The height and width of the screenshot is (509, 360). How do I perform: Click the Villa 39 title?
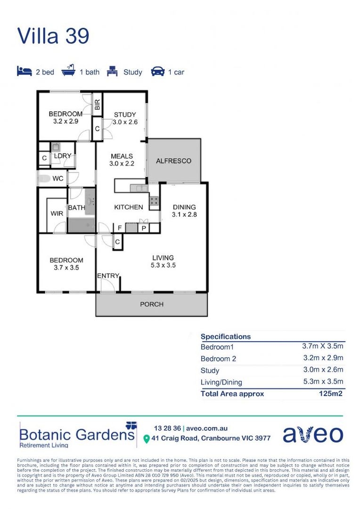(x=53, y=36)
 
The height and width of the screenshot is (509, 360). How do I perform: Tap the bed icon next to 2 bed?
(x=24, y=72)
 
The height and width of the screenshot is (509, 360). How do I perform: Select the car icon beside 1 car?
(x=157, y=72)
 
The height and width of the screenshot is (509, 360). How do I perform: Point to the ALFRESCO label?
(x=174, y=161)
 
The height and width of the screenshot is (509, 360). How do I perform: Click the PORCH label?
(x=152, y=304)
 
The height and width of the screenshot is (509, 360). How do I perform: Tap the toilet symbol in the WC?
(x=45, y=179)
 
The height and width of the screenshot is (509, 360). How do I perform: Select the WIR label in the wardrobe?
(x=57, y=213)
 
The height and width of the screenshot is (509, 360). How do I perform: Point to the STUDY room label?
(x=125, y=115)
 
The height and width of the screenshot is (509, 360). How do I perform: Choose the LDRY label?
(x=62, y=156)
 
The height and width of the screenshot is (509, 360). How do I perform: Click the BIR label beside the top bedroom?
(x=98, y=105)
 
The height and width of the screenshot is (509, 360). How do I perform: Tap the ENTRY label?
(x=108, y=276)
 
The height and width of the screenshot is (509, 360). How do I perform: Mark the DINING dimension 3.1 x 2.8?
(x=184, y=214)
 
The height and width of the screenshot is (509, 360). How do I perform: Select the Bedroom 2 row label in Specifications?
(x=218, y=359)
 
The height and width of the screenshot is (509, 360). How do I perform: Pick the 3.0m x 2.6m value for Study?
(x=323, y=370)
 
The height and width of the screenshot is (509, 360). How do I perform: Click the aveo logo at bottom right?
(x=313, y=434)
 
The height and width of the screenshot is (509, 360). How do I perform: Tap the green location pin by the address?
(x=146, y=438)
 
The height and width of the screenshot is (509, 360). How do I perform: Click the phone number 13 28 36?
(x=167, y=428)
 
